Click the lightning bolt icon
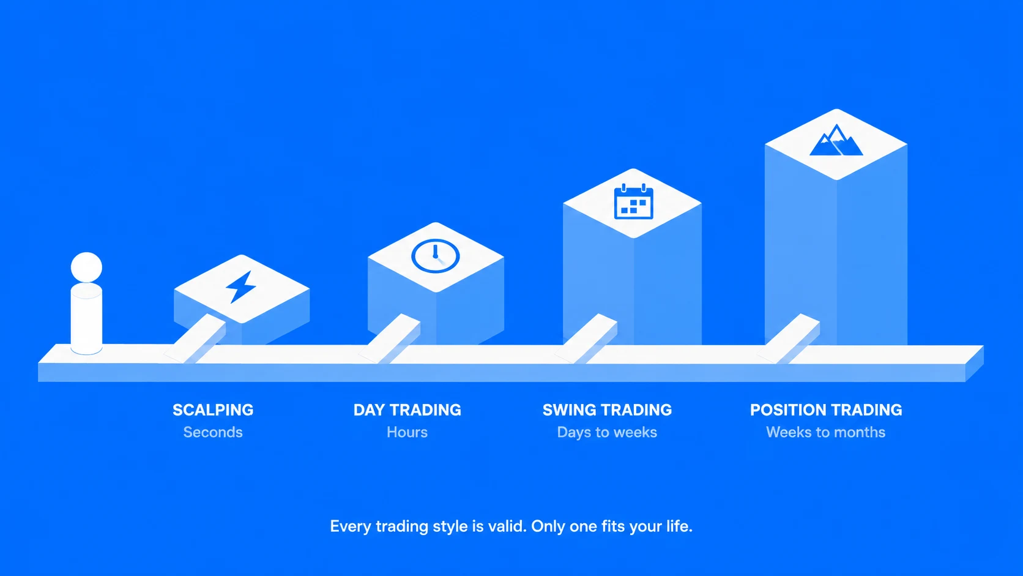[240, 287]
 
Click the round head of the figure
[86, 267]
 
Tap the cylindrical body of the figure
[86, 318]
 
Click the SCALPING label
[213, 410]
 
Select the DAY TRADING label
[407, 410]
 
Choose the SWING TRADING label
[607, 410]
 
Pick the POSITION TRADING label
[826, 410]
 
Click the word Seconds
[213, 432]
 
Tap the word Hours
[407, 432]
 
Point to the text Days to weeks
[607, 432]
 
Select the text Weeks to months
[826, 432]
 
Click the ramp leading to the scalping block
[195, 338]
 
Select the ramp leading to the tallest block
[789, 338]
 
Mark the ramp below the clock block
[390, 338]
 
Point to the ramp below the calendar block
[586, 338]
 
